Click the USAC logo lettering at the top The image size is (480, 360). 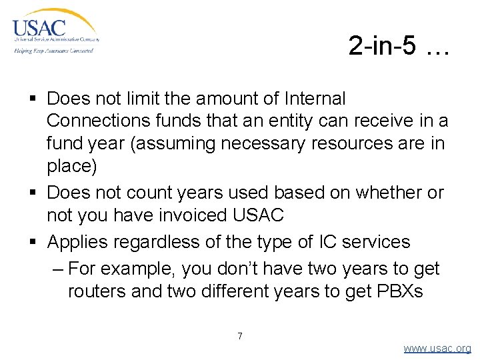[x=39, y=29]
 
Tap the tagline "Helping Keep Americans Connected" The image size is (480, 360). [x=53, y=50]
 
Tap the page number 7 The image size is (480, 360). [x=240, y=335]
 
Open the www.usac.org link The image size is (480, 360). [x=437, y=348]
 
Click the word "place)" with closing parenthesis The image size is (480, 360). [x=72, y=165]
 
